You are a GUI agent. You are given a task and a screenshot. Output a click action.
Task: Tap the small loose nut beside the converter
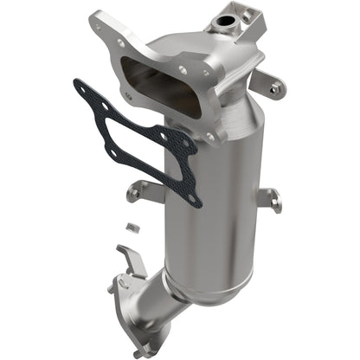[132, 227]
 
